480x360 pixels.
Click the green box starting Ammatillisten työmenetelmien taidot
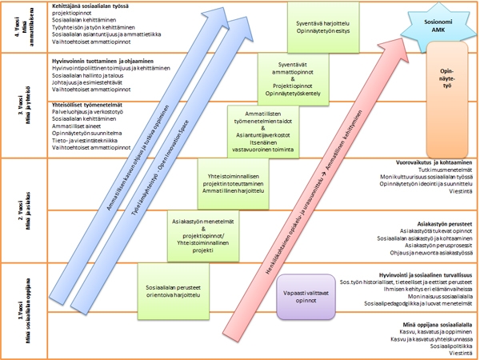pos(258,130)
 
